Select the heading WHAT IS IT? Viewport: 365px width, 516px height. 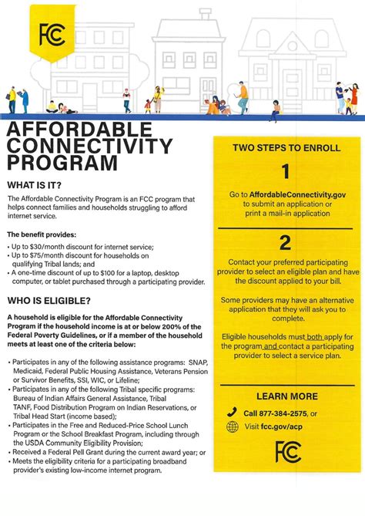coord(37,185)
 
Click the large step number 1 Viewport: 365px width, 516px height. coord(285,171)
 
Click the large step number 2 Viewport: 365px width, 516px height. coord(285,243)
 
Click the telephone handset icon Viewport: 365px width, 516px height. coord(233,412)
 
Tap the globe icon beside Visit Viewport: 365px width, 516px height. coord(233,427)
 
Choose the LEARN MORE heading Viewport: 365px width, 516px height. coord(285,396)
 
